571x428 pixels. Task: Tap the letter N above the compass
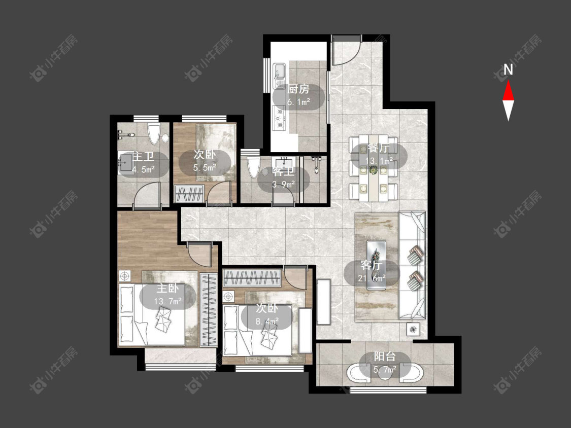click(x=508, y=69)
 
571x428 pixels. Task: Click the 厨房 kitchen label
click(x=298, y=89)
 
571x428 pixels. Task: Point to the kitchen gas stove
click(x=279, y=118)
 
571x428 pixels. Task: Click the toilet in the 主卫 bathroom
click(x=154, y=133)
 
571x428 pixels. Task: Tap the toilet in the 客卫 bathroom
click(x=253, y=167)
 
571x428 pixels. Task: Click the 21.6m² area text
click(x=372, y=278)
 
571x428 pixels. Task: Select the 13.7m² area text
click(x=168, y=301)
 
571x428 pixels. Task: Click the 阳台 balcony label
click(x=385, y=356)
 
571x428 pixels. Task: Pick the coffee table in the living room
click(x=376, y=265)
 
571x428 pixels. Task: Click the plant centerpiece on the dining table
click(x=373, y=169)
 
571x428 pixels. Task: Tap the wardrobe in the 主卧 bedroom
click(x=209, y=310)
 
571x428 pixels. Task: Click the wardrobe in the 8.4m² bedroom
click(x=252, y=278)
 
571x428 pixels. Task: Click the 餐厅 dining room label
click(x=378, y=149)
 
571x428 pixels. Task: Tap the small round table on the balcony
click(x=385, y=373)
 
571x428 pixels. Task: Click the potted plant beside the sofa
click(x=413, y=330)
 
